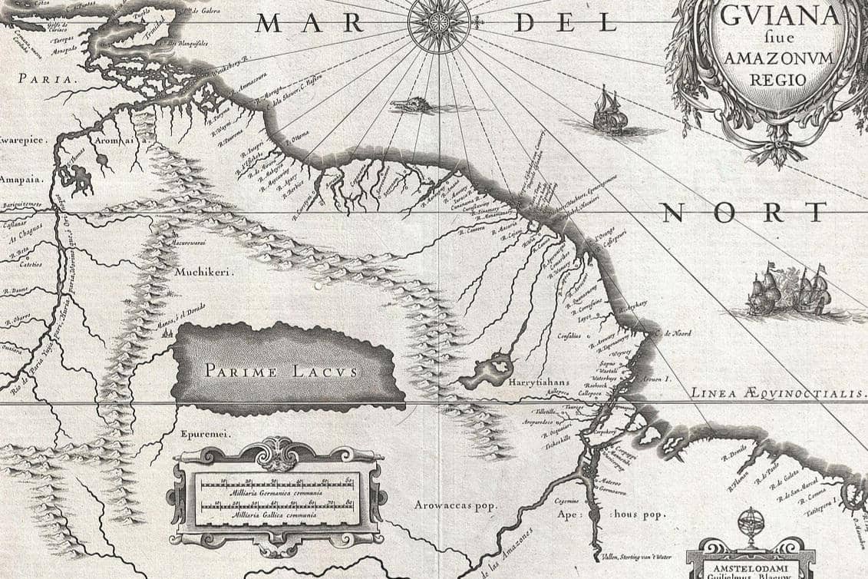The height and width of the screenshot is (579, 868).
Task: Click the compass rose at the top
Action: point(439,23)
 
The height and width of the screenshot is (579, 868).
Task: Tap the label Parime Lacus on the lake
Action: point(281,371)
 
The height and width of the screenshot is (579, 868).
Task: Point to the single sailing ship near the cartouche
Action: point(609,112)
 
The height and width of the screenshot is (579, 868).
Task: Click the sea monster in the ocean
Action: point(414,104)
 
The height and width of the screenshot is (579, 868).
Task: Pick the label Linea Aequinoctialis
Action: point(777,392)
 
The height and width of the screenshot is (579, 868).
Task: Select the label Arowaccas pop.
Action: point(455,505)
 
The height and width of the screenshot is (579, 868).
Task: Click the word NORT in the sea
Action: point(744,212)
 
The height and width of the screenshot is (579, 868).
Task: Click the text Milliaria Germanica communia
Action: point(277,492)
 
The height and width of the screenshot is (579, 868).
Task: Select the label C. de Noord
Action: point(675,333)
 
